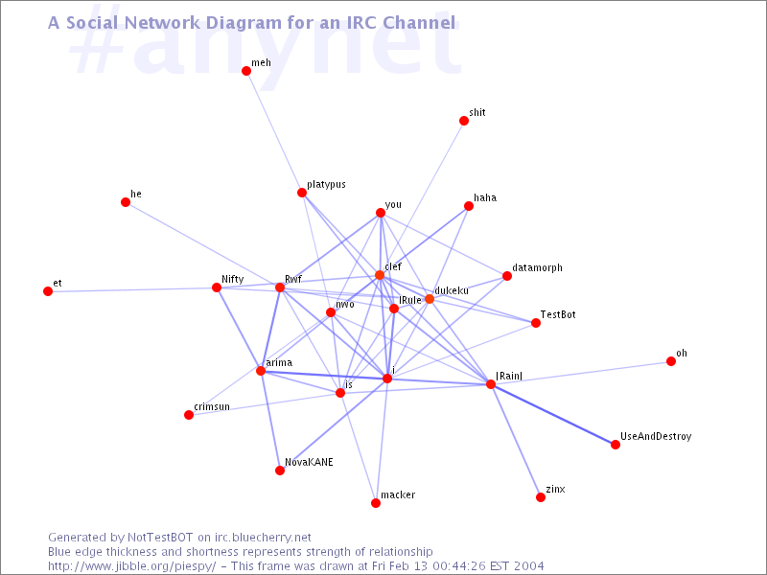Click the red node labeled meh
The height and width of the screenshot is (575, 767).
tap(246, 71)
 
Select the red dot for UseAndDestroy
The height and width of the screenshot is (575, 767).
tap(616, 445)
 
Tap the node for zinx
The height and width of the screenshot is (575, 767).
tap(541, 497)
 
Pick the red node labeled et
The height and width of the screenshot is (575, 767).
tap(48, 291)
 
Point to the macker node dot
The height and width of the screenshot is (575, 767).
tap(376, 503)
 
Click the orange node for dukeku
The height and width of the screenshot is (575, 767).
tap(430, 299)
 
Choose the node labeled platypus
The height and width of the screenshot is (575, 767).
tap(302, 193)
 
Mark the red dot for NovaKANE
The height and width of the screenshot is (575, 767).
tap(280, 471)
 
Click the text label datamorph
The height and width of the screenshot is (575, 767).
tap(537, 268)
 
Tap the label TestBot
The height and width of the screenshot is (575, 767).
tap(558, 314)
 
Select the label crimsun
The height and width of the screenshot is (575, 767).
tap(212, 406)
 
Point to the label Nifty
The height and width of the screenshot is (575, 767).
tap(232, 279)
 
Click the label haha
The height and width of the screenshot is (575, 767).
tap(485, 197)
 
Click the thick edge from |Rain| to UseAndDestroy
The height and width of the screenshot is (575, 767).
tap(553, 415)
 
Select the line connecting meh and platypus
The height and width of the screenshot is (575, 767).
tap(274, 132)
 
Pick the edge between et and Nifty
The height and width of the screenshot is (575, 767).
tap(132, 289)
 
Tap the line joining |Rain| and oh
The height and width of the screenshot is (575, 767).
tap(581, 373)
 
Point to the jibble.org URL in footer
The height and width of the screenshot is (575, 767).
tap(132, 566)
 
